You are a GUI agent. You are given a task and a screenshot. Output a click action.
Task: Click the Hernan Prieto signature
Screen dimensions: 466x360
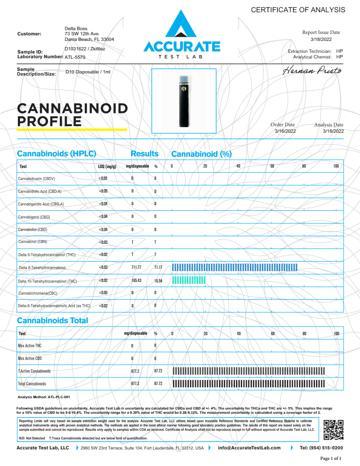[313, 71]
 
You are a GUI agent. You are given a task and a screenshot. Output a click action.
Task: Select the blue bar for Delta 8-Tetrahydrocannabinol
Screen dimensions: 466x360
[235, 267]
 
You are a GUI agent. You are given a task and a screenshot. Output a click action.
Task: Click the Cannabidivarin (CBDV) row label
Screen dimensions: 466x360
[37, 179]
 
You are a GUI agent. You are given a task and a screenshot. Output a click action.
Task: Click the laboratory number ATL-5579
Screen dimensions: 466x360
[75, 57]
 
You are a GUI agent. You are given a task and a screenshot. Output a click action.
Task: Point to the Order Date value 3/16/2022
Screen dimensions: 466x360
[285, 131]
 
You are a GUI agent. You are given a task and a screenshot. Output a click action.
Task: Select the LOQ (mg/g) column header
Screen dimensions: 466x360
[104, 167]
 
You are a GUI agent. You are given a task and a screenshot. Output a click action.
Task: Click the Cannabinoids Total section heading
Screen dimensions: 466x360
[52, 321]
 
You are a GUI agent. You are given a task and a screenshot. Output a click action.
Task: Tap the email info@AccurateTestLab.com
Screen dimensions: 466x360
[249, 448]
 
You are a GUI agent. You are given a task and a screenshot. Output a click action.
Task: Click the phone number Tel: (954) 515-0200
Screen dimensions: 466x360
[321, 448]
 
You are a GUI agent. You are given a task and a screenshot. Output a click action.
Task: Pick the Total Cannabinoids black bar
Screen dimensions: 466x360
[249, 384]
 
